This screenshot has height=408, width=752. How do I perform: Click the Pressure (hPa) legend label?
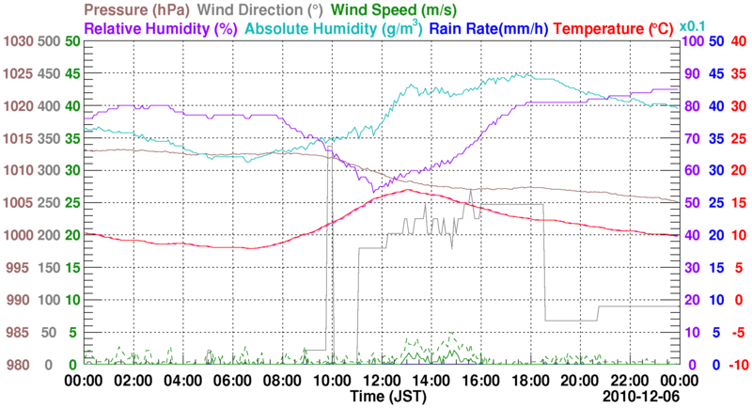pyautogui.click(x=139, y=11)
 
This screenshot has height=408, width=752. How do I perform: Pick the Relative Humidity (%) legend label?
pyautogui.click(x=159, y=29)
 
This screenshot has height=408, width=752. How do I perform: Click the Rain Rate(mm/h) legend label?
pyautogui.click(x=488, y=29)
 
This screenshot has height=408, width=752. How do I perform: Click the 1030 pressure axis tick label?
pyautogui.click(x=18, y=42)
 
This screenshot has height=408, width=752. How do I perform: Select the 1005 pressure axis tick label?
pyautogui.click(x=18, y=203)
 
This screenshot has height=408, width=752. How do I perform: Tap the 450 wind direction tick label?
pyautogui.click(x=47, y=74)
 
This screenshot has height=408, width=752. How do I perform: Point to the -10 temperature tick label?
pyautogui.click(x=737, y=365)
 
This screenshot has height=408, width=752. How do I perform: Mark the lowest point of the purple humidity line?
pyautogui.click(x=374, y=193)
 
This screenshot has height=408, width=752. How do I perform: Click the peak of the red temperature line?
pyautogui.click(x=407, y=190)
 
